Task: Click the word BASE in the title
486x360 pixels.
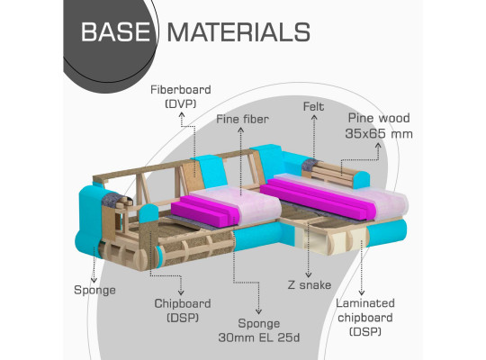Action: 115,31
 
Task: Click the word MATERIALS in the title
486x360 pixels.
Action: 238,31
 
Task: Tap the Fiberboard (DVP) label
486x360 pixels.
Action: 181,96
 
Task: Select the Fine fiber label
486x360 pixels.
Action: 242,119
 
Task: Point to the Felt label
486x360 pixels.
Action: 314,107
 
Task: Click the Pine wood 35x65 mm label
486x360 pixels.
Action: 379,126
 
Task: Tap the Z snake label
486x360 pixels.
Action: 310,285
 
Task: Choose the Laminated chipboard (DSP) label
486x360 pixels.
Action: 365,318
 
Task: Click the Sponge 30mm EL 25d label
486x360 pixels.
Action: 259,330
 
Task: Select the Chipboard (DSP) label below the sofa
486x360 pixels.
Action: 183,310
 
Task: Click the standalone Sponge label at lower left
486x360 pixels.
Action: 94,290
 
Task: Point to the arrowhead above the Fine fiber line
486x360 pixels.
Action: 241,130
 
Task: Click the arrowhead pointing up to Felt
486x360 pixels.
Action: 314,117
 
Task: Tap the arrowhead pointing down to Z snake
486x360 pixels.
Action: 308,274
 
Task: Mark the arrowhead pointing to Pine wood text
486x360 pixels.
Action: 378,145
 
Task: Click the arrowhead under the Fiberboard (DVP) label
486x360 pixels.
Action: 182,115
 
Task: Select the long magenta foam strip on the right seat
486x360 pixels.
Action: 318,198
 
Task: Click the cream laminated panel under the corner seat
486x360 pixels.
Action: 310,239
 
